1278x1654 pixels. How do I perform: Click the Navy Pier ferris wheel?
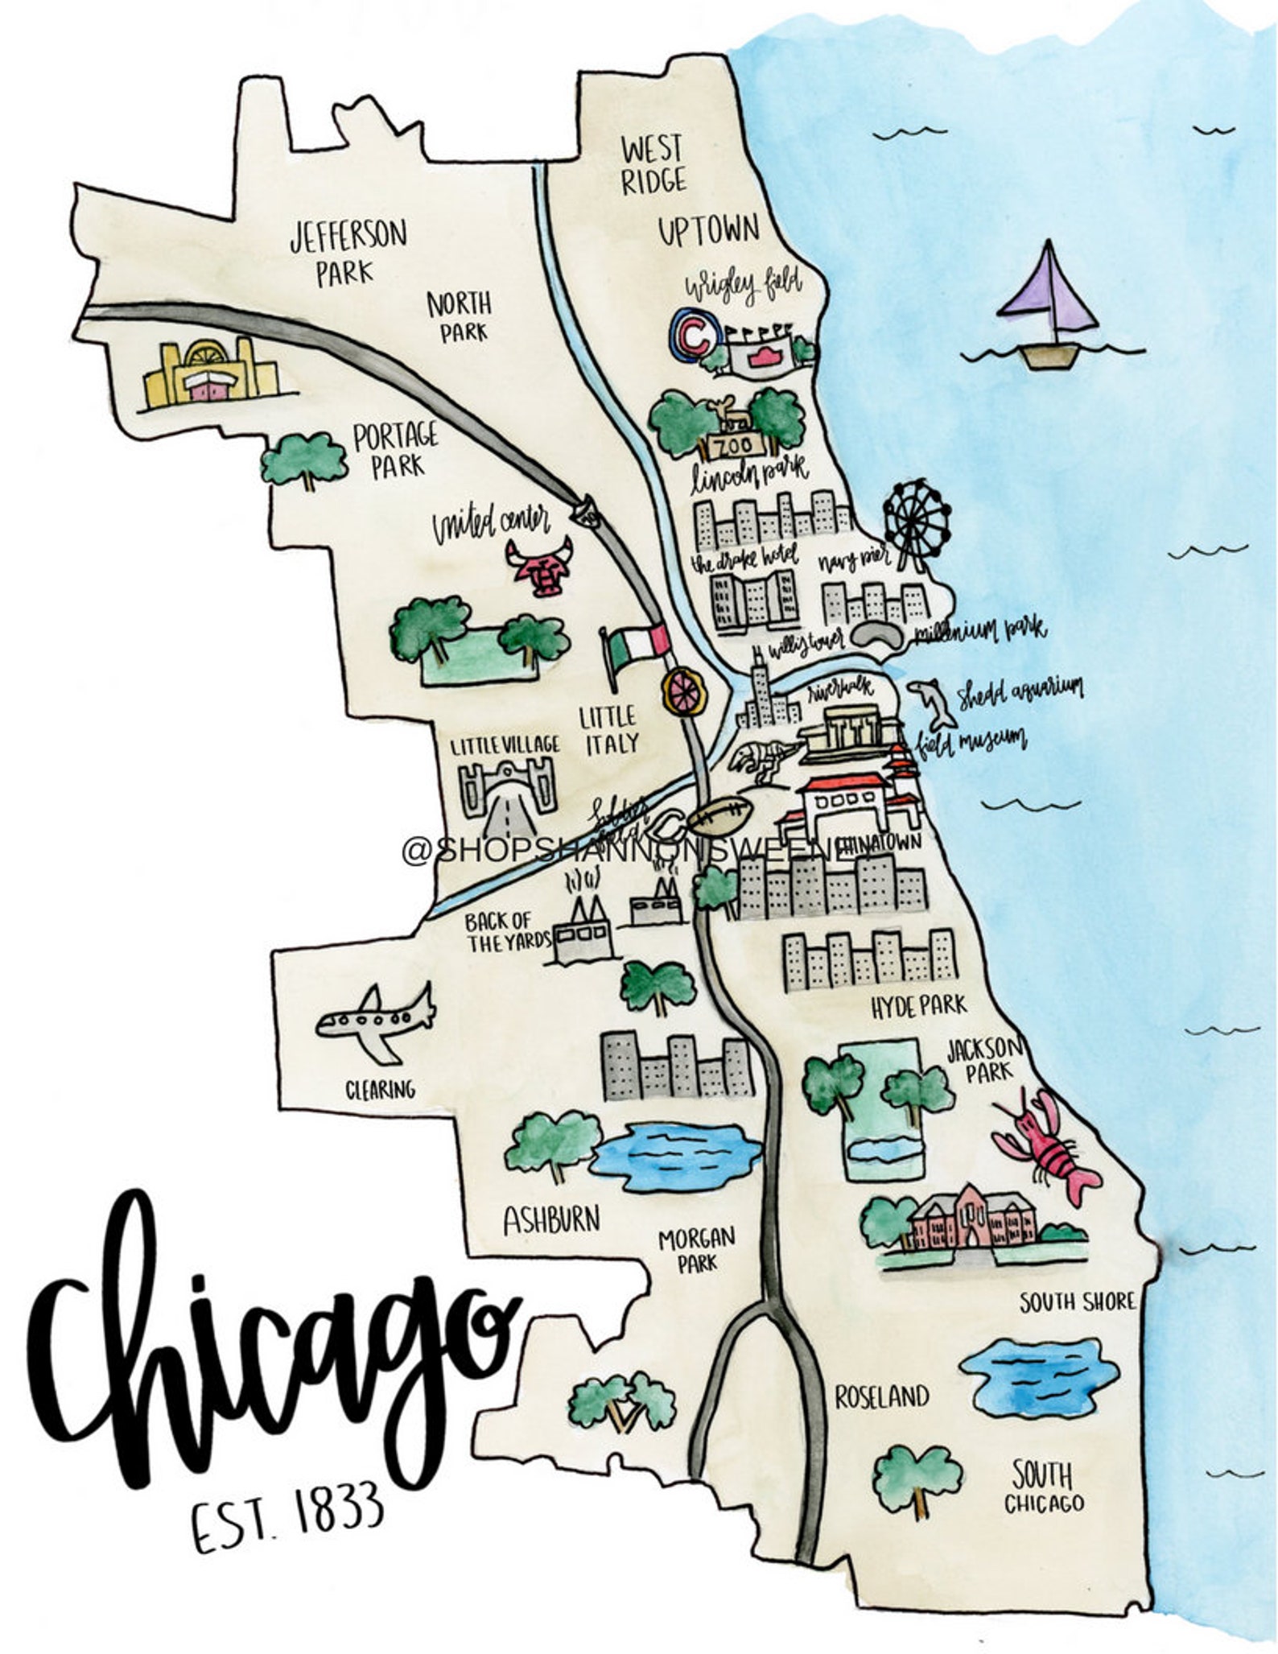(x=916, y=520)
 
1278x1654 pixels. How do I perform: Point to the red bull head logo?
(x=538, y=567)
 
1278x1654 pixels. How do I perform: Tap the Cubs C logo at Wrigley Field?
(x=691, y=332)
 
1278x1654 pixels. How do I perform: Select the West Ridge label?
(x=653, y=165)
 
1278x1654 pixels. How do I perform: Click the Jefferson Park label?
(x=348, y=252)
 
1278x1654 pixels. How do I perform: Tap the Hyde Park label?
(x=919, y=1006)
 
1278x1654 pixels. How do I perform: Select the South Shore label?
(x=1076, y=1301)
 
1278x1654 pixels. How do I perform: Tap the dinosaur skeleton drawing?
(x=761, y=758)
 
